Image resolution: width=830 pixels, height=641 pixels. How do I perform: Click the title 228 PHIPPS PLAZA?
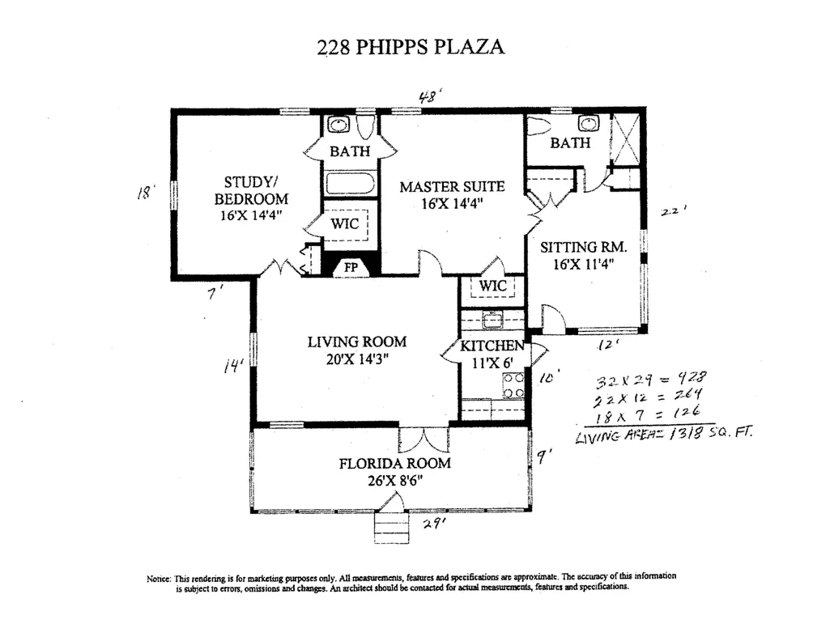point(411,47)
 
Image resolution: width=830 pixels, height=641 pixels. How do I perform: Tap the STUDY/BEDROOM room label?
point(251,190)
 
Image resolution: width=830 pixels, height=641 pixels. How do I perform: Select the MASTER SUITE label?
point(452,187)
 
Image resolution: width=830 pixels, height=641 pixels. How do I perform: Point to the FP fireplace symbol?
point(351,268)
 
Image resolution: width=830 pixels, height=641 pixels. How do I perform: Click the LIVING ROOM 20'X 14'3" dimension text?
point(357,359)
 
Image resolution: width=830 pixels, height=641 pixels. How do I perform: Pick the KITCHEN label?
point(492,346)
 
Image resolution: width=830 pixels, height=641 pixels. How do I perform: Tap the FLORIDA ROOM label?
point(395,463)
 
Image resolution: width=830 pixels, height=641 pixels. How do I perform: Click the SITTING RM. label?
point(583,247)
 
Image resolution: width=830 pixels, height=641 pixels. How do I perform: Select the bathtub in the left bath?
point(350,184)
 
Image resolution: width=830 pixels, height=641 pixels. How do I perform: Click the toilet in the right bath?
point(538,126)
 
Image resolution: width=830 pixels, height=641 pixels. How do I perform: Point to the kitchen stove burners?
point(513,385)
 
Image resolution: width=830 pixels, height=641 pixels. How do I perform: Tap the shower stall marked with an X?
point(625,138)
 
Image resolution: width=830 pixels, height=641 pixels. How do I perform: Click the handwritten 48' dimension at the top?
point(429,97)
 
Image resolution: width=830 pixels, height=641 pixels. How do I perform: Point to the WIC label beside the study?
point(345,223)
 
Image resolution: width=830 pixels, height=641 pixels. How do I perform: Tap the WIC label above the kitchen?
point(493,287)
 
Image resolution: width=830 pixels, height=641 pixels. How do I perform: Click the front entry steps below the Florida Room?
point(392,528)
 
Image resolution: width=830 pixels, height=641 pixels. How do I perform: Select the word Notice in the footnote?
point(159,579)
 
